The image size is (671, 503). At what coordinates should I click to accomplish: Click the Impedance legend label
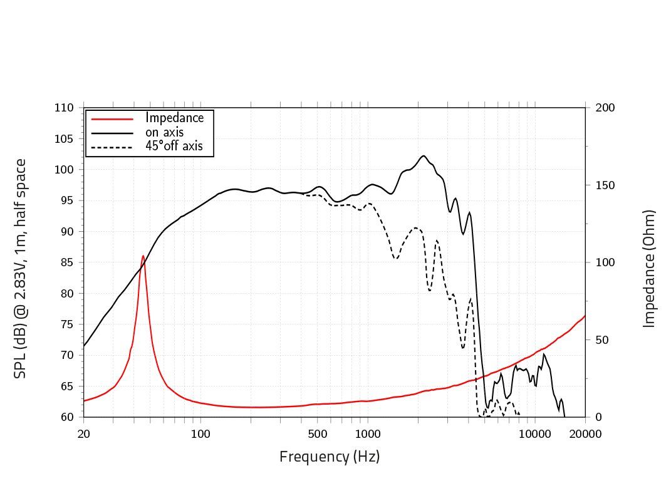[x=174, y=118]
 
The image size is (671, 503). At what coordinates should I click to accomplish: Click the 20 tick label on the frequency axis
[x=83, y=434]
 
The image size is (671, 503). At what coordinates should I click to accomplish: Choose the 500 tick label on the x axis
[x=318, y=434]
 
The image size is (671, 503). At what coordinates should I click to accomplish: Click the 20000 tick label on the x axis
[x=585, y=434]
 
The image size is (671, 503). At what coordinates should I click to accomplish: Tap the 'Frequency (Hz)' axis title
[x=330, y=457]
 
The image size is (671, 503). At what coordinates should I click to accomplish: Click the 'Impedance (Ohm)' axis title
[x=650, y=268]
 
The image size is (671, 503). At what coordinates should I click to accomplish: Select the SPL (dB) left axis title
[x=21, y=268]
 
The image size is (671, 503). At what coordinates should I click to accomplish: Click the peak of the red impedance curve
[x=143, y=256]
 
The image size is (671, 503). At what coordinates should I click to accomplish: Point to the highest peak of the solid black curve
[x=424, y=155]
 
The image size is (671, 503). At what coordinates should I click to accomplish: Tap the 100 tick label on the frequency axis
[x=200, y=434]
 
